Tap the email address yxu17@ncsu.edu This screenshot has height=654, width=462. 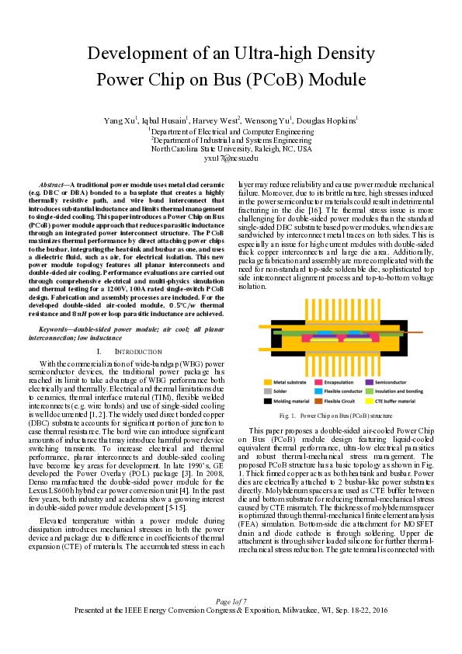tap(231, 158)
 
